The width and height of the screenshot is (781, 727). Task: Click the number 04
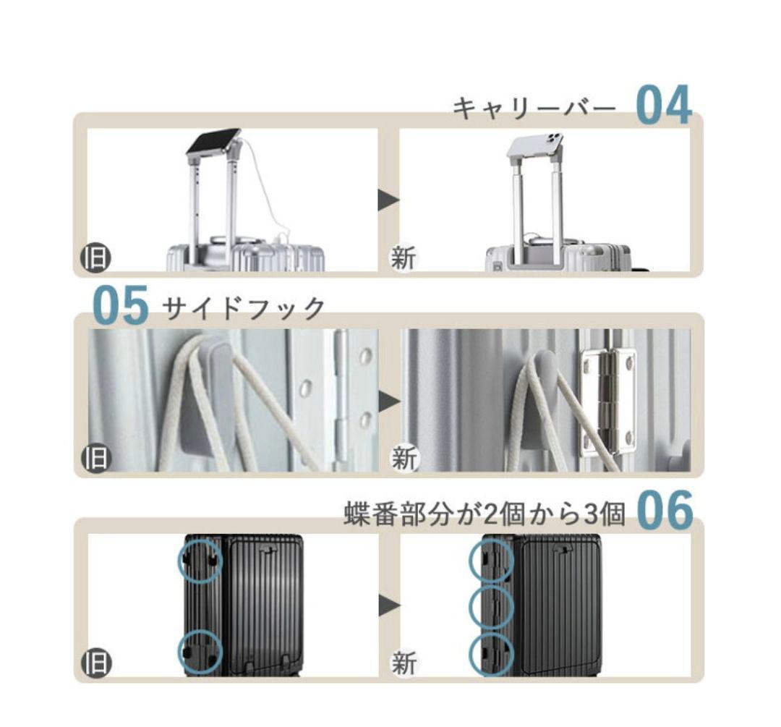(663, 106)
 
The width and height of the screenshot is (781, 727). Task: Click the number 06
(665, 511)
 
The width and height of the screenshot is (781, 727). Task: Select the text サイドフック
(244, 309)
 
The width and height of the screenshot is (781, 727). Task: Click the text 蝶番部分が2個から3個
(484, 514)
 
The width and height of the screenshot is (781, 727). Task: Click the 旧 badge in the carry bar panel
(95, 258)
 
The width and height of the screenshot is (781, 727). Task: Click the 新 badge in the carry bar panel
(404, 258)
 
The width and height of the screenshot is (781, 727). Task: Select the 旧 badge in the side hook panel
(95, 459)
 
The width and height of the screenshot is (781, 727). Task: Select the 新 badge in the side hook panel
(404, 459)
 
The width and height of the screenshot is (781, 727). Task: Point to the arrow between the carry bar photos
(388, 200)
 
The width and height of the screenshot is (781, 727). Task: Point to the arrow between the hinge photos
(388, 605)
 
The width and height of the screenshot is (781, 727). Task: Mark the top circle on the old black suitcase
(200, 561)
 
